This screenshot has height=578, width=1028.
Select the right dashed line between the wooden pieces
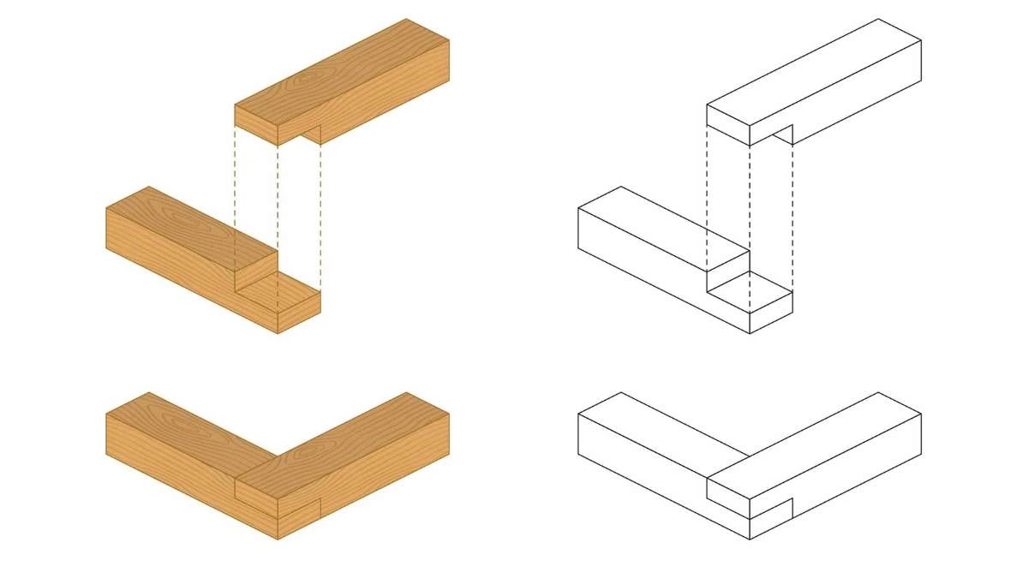(x=320, y=214)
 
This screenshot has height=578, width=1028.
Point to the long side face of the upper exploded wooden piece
(x=385, y=94)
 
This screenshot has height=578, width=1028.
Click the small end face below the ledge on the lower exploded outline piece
(x=771, y=313)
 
